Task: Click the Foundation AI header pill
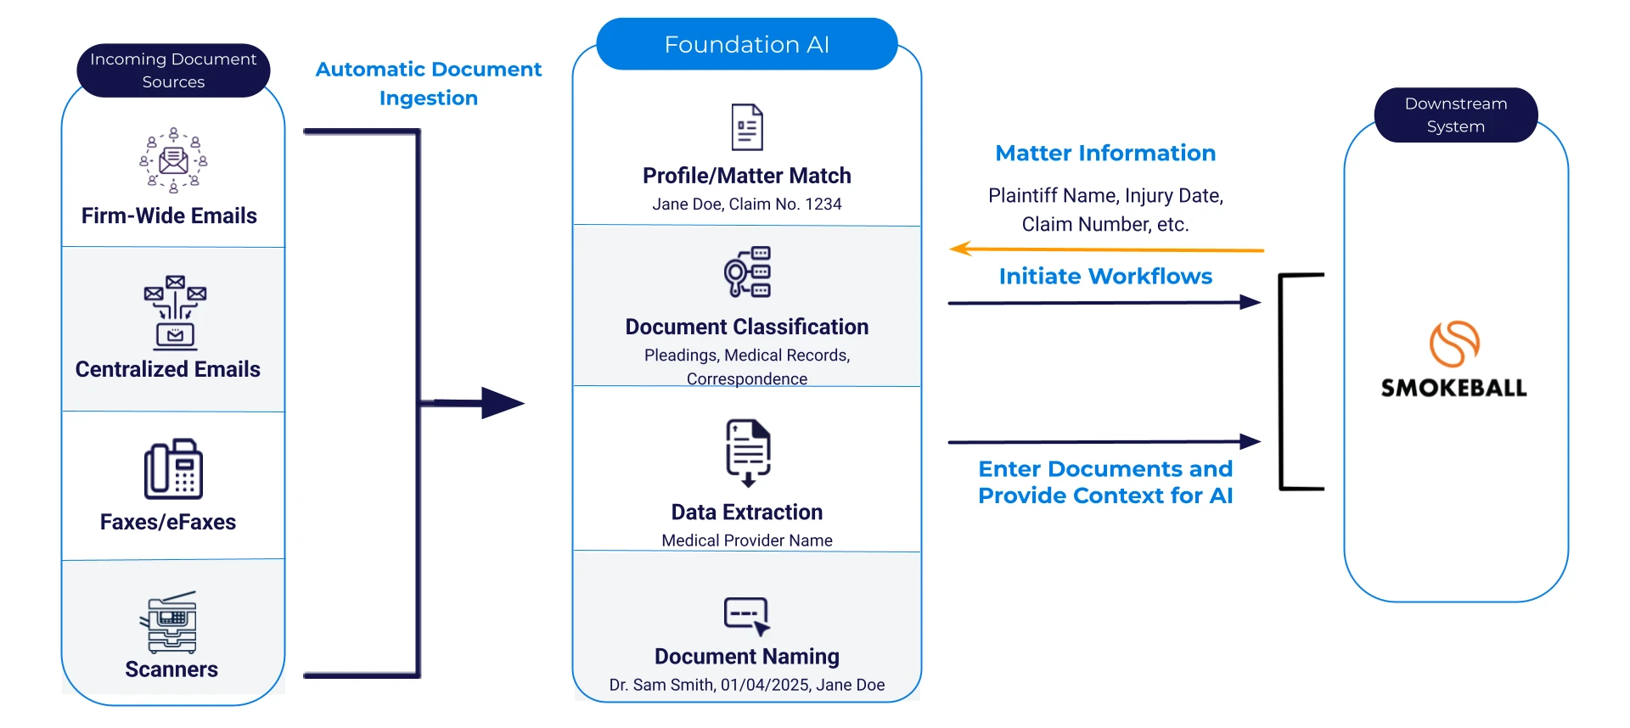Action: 746,44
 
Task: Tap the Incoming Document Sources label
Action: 173,70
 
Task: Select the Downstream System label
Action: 1455,115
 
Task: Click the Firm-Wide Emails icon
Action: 173,160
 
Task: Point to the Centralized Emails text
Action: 168,369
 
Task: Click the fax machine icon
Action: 173,469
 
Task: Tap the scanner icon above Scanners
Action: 170,623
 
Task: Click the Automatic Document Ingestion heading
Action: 428,83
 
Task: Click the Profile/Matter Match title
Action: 746,176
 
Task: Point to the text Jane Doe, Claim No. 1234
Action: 746,204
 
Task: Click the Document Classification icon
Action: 747,272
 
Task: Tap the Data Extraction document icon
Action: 747,451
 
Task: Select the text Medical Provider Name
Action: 746,540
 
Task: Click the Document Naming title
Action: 746,657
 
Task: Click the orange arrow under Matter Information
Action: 1104,249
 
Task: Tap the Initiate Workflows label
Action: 1105,277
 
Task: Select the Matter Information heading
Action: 1105,154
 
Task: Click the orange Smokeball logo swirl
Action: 1453,344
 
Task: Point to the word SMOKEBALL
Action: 1453,389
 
